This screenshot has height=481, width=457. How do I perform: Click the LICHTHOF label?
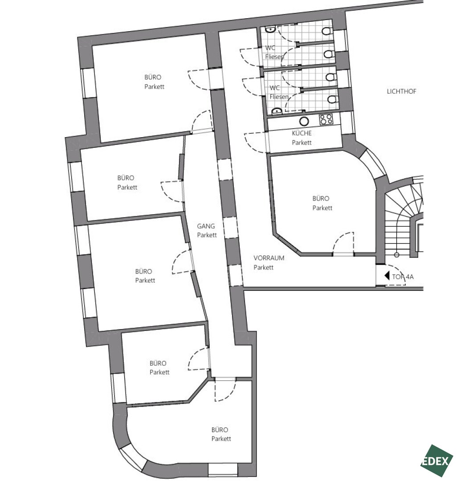coord(401,91)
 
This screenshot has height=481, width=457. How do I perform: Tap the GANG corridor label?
coord(206,226)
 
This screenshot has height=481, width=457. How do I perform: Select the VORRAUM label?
coord(269,258)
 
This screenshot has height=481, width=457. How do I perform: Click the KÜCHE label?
coord(302,133)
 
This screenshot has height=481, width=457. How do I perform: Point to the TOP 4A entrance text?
coord(403,277)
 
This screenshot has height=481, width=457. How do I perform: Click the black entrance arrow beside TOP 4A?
coord(387,276)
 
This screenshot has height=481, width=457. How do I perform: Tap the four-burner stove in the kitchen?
coord(326,119)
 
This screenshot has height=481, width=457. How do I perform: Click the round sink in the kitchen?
coord(304,122)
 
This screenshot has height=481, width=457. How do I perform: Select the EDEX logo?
coord(437,461)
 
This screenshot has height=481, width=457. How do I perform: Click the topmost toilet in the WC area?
coord(326,31)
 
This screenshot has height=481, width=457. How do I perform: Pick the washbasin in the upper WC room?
coord(270,30)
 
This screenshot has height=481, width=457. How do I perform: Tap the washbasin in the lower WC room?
coord(277,111)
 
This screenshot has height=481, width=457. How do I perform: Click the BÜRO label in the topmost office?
coord(153,77)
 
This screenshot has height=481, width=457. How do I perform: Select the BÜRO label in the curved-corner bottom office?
coord(220,430)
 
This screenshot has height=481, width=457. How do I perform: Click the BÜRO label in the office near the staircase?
coord(321,199)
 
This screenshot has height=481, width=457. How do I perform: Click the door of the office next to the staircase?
coord(343,244)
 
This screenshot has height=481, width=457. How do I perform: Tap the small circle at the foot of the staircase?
coord(396,255)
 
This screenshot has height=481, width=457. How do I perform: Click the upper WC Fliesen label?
coord(274,53)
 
